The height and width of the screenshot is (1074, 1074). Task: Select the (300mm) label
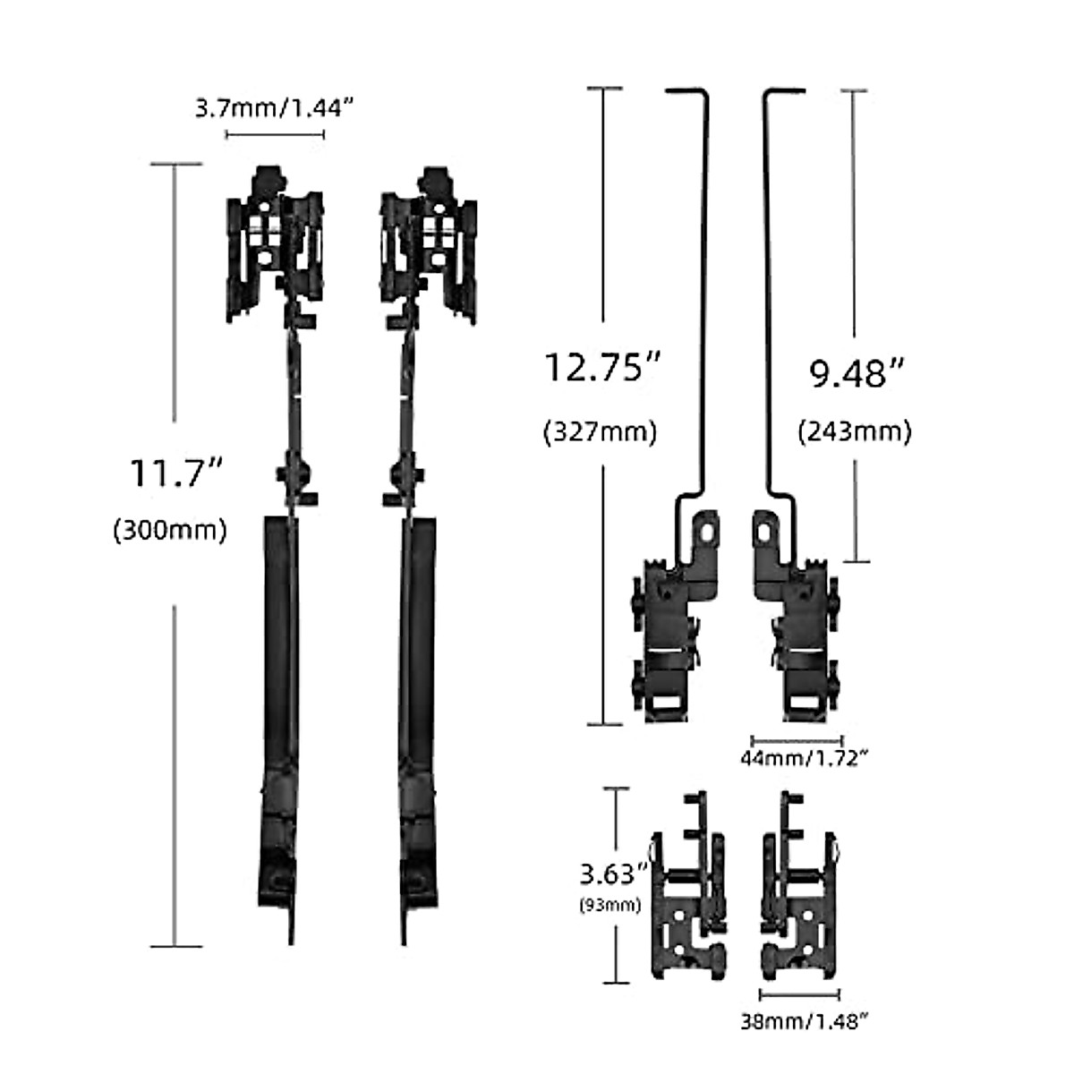pyautogui.click(x=170, y=530)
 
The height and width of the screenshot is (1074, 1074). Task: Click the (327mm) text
pyautogui.click(x=600, y=432)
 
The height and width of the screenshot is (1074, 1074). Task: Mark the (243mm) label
pyautogui.click(x=854, y=432)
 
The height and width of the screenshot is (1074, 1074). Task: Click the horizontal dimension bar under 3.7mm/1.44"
pyautogui.click(x=274, y=134)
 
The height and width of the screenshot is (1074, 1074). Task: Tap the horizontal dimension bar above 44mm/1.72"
pyautogui.click(x=797, y=739)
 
